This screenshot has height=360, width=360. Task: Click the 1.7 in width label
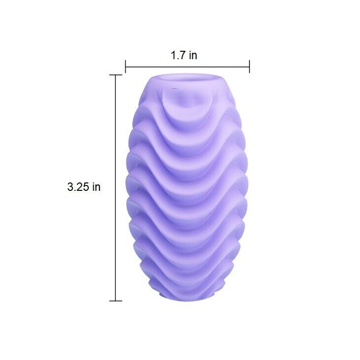point(184,55)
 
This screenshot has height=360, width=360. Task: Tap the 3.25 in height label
point(84,187)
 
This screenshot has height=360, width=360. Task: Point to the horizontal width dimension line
point(187,66)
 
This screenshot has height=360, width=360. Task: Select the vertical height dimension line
point(116,187)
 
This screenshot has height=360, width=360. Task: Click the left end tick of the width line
point(126,66)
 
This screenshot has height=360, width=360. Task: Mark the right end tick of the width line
point(249,66)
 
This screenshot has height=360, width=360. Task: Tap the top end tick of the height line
point(116,75)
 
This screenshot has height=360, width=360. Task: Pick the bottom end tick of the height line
point(116,300)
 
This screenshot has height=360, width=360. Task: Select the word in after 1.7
point(193,55)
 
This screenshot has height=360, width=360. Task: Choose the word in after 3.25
point(96,187)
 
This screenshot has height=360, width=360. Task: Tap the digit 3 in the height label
point(70,187)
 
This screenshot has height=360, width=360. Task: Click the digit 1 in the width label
point(174,55)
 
